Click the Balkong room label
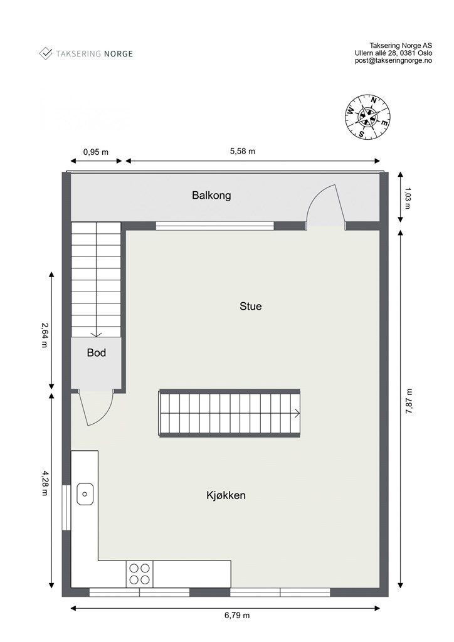point(211,195)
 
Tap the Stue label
point(250,307)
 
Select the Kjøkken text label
point(226,495)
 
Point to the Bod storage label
point(96,353)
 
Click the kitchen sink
point(85,494)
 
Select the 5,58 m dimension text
point(243,151)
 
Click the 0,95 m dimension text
point(95,151)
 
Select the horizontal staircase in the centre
point(230,413)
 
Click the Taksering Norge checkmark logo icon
point(46,53)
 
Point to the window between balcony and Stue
point(214,226)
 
